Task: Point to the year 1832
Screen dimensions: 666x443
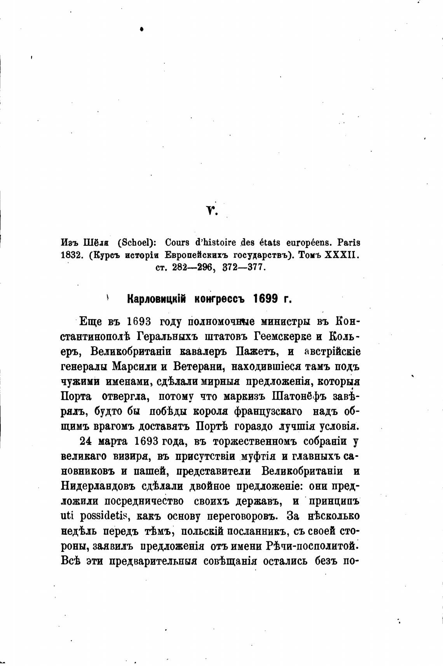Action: point(70,256)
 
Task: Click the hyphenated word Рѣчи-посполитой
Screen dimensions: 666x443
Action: point(311,546)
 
